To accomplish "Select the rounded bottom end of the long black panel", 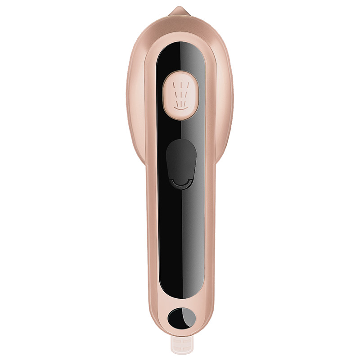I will (180, 295).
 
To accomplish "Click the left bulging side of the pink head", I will (135, 99).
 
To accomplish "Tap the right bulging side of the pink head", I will (225, 99).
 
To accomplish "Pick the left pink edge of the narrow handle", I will (150, 234).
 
